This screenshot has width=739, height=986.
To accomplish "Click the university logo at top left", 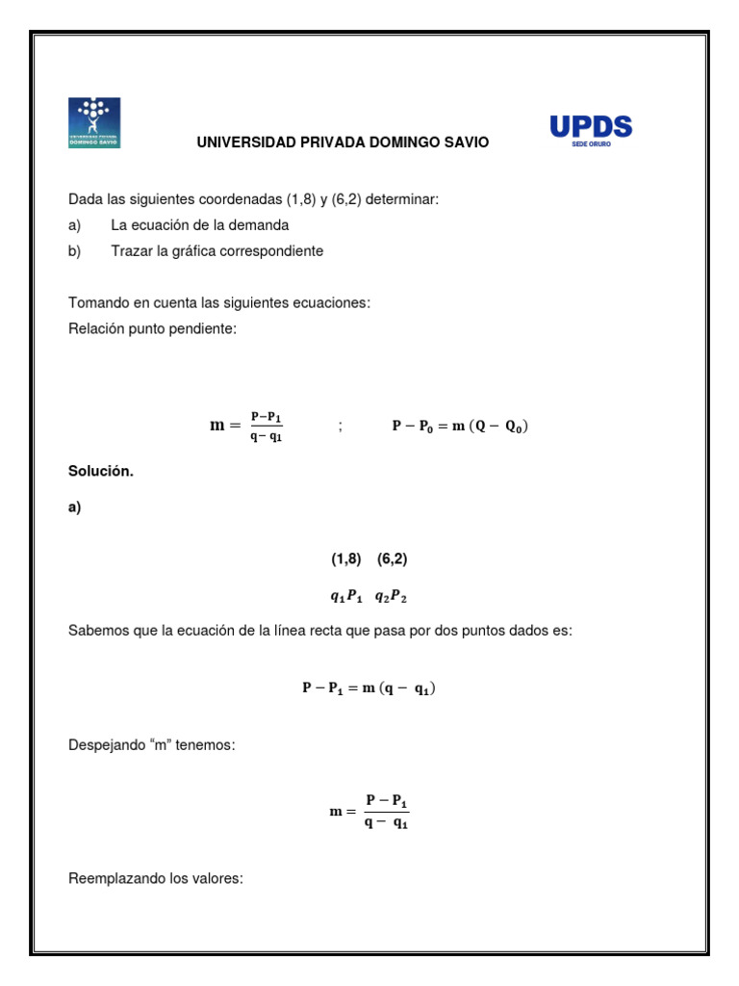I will pyautogui.click(x=93, y=122).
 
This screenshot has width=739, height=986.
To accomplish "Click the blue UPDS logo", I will pyautogui.click(x=590, y=126).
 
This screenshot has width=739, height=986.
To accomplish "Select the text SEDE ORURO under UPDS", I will pyautogui.click(x=591, y=144).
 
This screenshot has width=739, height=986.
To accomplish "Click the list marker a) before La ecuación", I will pyautogui.click(x=75, y=225).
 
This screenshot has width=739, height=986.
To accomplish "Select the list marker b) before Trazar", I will pyautogui.click(x=75, y=251).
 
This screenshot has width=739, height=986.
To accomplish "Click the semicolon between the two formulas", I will pyautogui.click(x=340, y=426).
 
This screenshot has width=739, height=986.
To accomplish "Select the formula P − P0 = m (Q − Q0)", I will pyautogui.click(x=459, y=426).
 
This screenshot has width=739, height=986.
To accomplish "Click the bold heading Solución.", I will pyautogui.click(x=100, y=472).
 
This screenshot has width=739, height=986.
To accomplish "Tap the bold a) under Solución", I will pyautogui.click(x=75, y=509).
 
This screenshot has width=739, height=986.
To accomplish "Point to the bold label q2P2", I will pyautogui.click(x=391, y=596).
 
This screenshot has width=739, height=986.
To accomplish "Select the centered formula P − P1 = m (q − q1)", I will pyautogui.click(x=369, y=688).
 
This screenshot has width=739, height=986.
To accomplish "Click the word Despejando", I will pyautogui.click(x=106, y=745).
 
